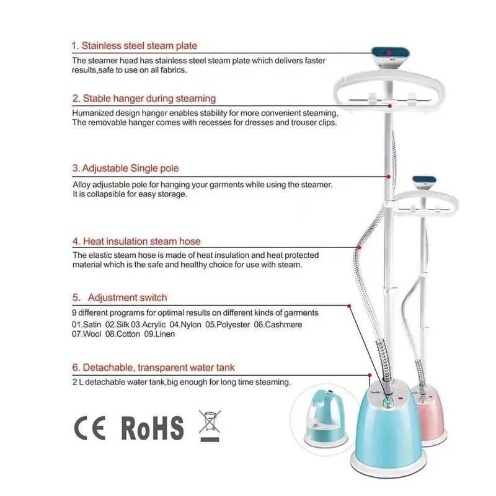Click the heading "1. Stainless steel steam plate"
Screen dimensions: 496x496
click(x=134, y=45)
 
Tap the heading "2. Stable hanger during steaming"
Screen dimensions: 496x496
click(x=144, y=99)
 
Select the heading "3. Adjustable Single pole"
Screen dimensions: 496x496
click(x=126, y=168)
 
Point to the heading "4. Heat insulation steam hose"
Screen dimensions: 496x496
click(x=136, y=241)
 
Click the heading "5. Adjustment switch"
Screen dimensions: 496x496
click(x=120, y=298)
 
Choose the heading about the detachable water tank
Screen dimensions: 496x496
click(x=153, y=368)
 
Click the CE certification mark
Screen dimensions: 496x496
click(x=90, y=428)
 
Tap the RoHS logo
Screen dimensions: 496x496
click(x=152, y=428)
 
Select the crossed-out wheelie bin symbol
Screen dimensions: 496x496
click(x=210, y=425)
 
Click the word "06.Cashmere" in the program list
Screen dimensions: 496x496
click(x=278, y=324)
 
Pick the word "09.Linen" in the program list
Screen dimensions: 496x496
click(x=159, y=334)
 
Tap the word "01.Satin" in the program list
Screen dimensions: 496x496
click(x=86, y=324)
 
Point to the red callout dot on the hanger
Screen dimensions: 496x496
click(x=390, y=106)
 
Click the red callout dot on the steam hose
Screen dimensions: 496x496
click(x=359, y=247)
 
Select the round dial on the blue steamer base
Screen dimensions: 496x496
click(x=388, y=402)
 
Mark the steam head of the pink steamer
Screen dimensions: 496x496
click(x=424, y=183)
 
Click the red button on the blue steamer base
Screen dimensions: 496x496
click(x=401, y=397)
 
